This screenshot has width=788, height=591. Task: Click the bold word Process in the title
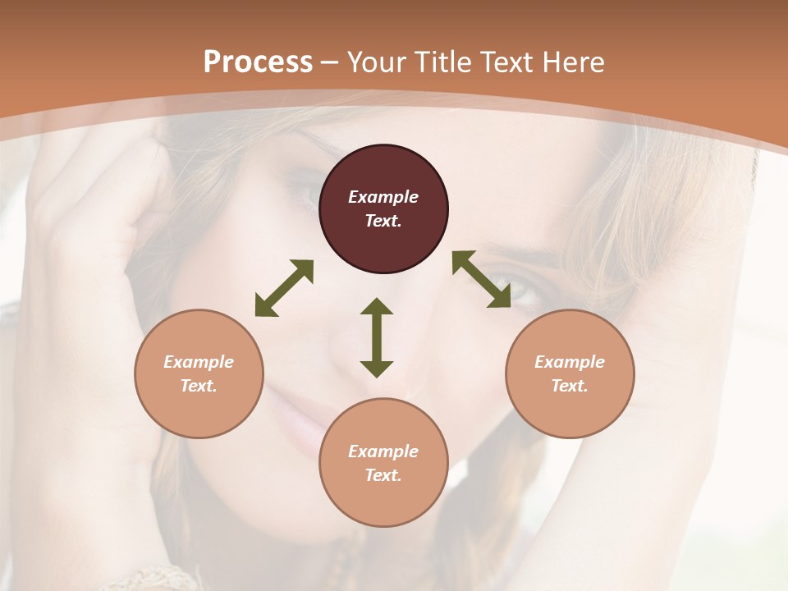point(258,62)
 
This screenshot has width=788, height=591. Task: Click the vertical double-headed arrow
point(377,337)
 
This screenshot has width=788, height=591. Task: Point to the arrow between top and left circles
point(284,288)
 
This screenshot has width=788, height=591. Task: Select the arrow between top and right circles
point(481,279)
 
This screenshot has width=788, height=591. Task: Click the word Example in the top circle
point(383,197)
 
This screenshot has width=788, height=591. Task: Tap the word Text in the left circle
point(199,386)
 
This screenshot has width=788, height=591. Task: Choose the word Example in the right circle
point(570,362)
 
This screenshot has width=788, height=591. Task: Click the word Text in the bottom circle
point(383,475)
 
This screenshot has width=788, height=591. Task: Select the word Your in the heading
point(373,62)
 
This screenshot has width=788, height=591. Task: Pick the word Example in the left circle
point(199,362)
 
